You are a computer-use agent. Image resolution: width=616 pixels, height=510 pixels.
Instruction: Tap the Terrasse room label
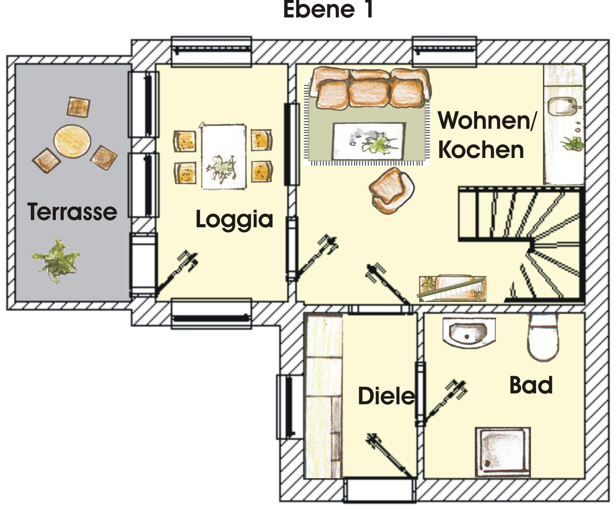pos(72,212)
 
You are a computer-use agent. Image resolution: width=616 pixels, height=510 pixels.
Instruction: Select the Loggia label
pos(234,219)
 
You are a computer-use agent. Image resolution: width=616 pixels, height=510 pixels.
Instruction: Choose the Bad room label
pos(531,385)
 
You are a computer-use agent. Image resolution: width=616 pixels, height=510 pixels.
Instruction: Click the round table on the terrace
pos(72,141)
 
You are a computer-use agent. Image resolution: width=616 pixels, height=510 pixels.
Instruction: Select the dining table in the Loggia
pos(224,157)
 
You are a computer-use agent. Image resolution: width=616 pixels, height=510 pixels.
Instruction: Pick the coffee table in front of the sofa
pos(369,141)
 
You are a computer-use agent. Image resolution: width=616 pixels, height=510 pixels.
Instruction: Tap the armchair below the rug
pos(391,190)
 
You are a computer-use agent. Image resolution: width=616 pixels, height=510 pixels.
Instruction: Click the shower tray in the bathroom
pos(502,452)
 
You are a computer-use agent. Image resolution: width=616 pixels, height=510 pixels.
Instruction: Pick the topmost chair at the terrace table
pos(78,107)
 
